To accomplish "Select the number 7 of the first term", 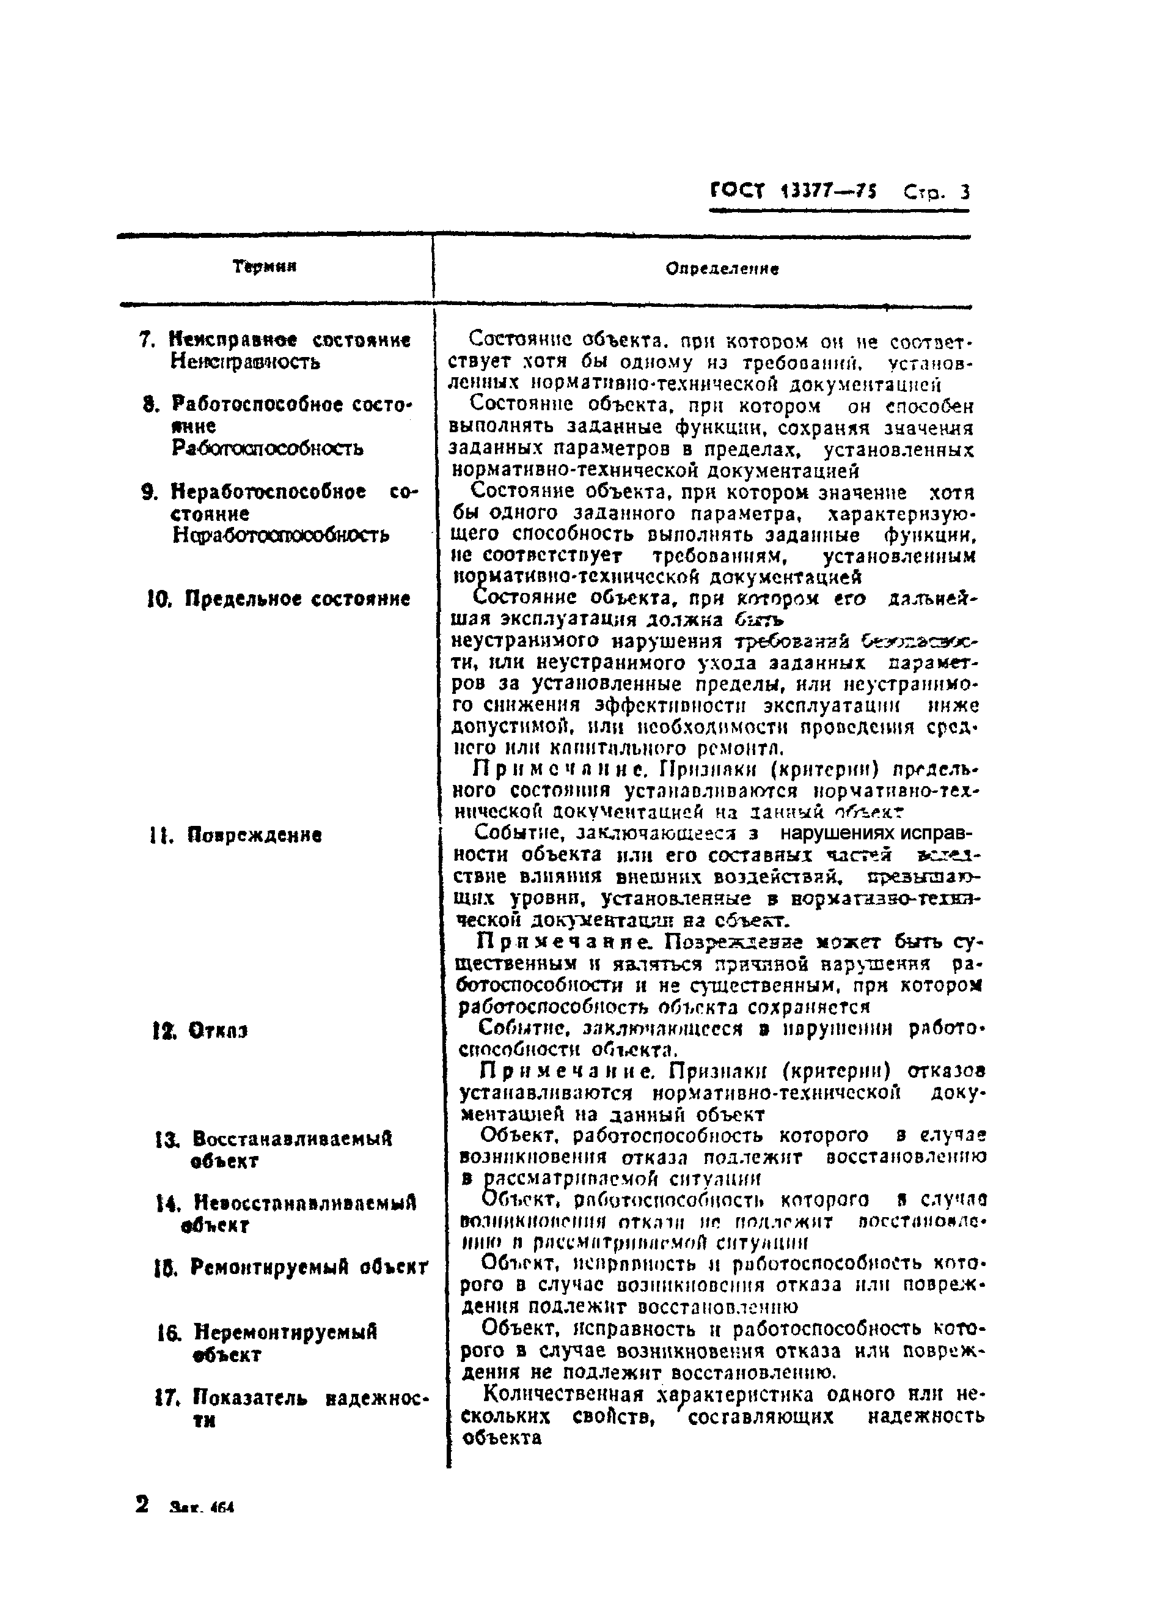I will click(x=147, y=341).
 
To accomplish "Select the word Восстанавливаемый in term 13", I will click(x=292, y=1140).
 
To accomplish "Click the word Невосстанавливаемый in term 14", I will click(x=305, y=1203).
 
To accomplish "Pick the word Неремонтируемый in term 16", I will click(x=285, y=1333).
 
